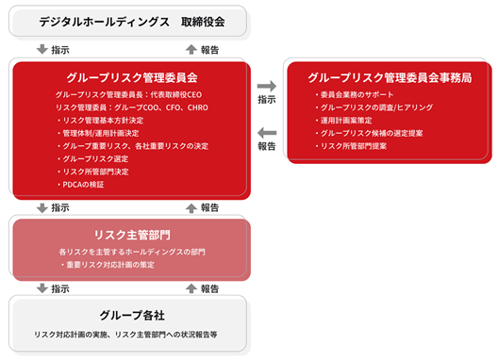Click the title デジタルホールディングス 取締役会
click(x=132, y=22)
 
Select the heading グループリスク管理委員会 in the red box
click(x=132, y=78)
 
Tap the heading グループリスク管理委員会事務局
click(x=390, y=78)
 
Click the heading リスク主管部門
click(x=132, y=235)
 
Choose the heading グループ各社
click(x=132, y=316)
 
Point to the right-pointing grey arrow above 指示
click(x=267, y=86)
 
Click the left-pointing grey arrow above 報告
click(x=267, y=133)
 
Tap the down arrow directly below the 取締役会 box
click(x=42, y=49)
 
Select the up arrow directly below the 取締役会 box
click(x=191, y=49)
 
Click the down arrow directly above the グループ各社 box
click(x=42, y=288)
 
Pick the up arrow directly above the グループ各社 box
click(x=191, y=288)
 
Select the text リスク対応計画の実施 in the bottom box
click(x=71, y=335)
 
